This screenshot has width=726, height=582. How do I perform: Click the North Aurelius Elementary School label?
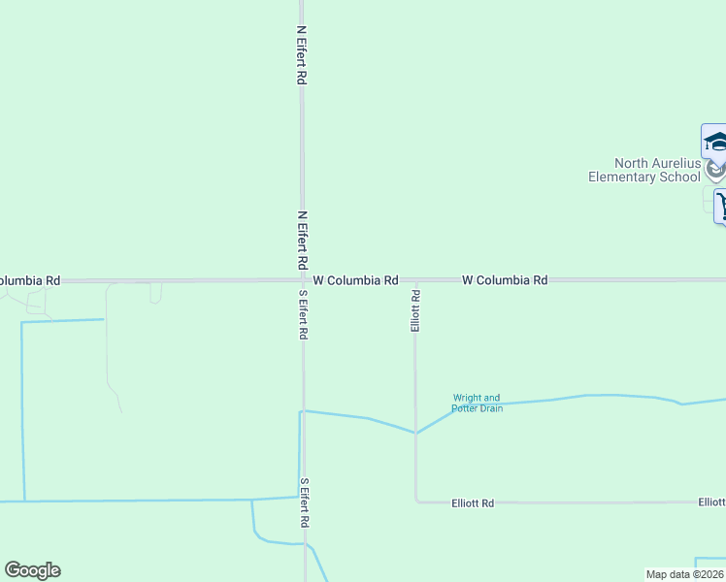point(644,171)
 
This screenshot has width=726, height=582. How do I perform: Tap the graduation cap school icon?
point(715,142)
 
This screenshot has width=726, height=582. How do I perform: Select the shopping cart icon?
point(721,206)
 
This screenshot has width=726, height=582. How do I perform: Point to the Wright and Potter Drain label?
point(478,403)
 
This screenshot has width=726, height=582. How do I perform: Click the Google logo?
point(32,570)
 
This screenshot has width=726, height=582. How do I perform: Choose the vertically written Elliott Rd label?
point(415,310)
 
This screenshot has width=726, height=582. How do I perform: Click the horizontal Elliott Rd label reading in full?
point(473,503)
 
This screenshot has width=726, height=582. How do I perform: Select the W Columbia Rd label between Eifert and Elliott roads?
point(355,280)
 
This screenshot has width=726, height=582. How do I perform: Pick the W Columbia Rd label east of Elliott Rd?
point(505,280)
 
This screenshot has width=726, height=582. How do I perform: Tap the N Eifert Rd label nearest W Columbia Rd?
point(302,240)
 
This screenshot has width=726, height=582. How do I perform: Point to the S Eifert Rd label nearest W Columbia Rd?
point(304,314)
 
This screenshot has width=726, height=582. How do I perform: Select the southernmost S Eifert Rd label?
point(305,502)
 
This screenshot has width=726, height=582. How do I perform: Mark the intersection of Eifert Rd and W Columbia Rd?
point(303,280)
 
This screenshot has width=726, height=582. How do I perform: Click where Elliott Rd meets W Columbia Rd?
point(415,280)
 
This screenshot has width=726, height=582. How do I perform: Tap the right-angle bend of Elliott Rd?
point(416,501)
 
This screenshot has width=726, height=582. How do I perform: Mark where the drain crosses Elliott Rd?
point(416,433)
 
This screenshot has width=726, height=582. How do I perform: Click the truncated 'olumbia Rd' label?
point(29,280)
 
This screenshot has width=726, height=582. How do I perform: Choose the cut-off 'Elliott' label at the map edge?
point(711,502)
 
